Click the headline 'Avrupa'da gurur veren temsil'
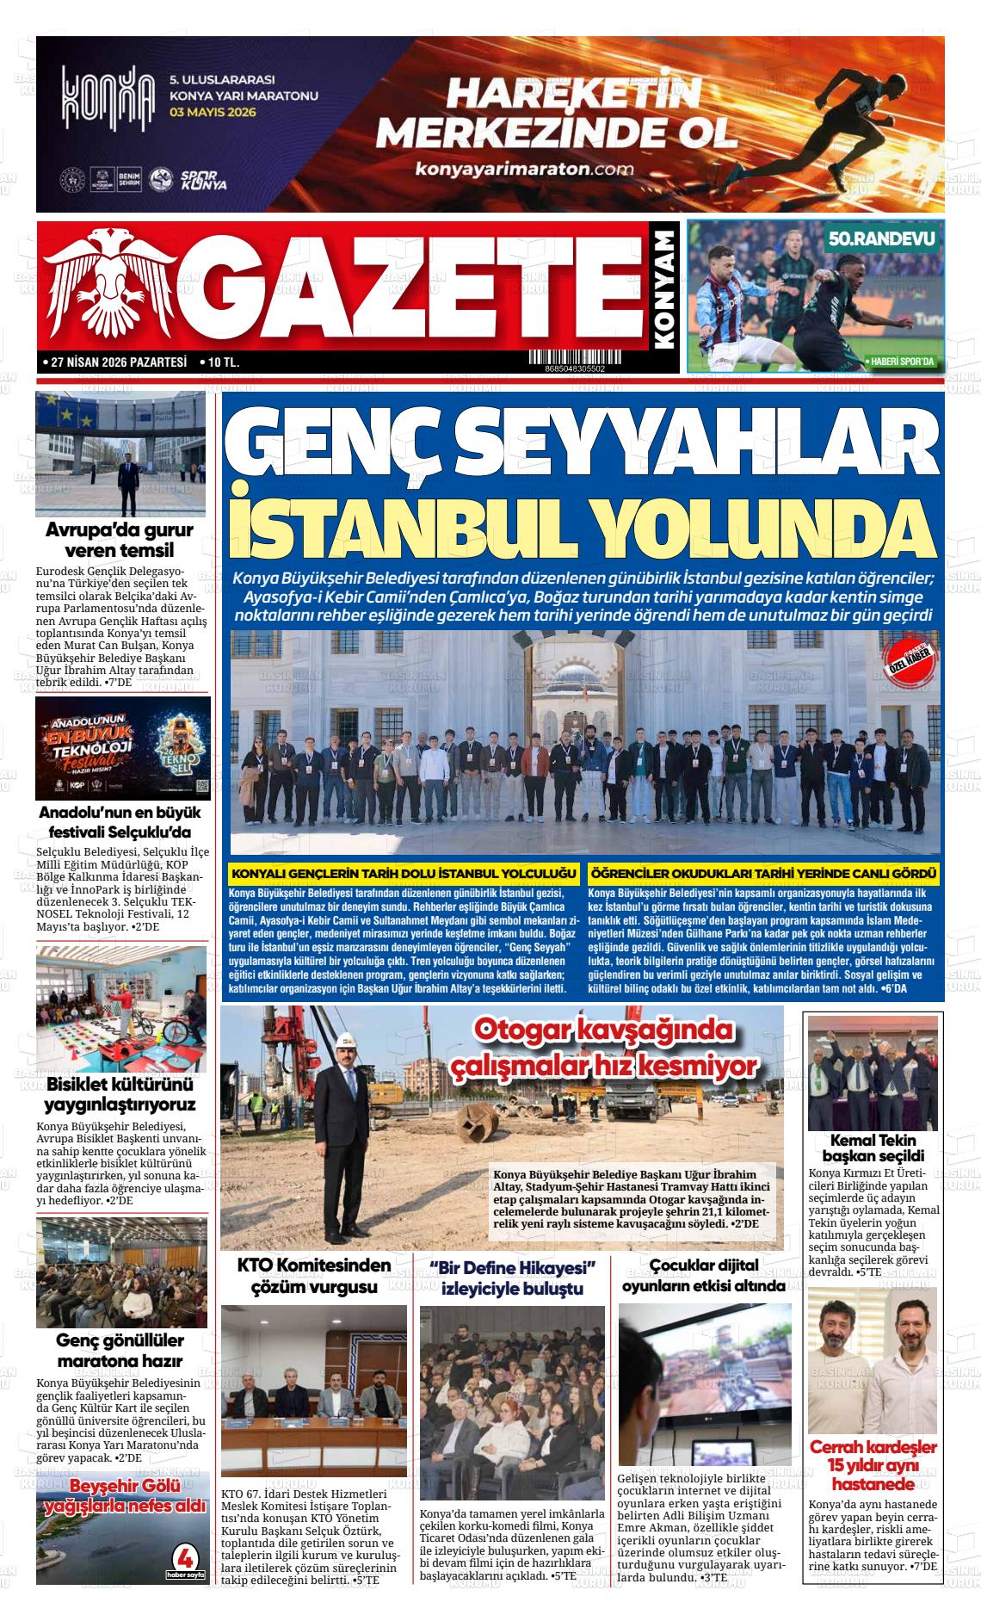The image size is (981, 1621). [x=120, y=540]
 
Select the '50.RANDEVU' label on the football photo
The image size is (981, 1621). [x=880, y=240]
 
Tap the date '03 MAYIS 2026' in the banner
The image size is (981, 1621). [x=219, y=112]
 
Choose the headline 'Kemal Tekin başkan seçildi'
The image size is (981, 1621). [x=873, y=1148]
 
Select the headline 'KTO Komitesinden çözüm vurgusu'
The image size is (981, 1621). [x=313, y=1276]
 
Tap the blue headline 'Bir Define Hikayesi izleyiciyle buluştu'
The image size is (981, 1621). [x=512, y=1278]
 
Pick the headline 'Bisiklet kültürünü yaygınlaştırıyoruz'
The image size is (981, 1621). [x=120, y=1093]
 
